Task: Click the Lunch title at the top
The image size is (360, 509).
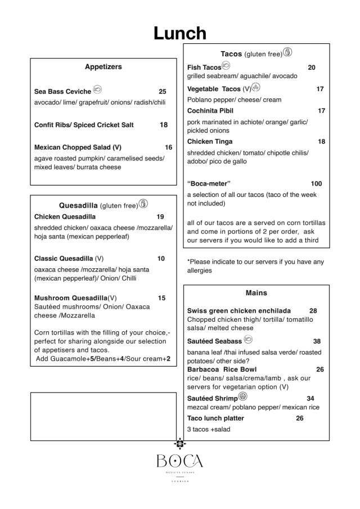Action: pos(180,33)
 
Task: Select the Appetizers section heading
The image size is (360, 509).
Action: pos(103,67)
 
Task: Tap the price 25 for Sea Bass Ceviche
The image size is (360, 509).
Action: pos(163,92)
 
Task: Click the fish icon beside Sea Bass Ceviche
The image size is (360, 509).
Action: pos(97,90)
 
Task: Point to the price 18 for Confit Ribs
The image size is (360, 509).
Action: pos(164,125)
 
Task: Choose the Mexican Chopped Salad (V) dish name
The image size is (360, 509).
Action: pos(78,147)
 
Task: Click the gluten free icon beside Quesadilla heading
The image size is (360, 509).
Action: pos(143,204)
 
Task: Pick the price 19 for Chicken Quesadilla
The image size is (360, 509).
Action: pos(160,217)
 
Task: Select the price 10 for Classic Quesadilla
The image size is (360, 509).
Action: pos(161,259)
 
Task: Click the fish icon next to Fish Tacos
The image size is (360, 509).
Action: pos(226,66)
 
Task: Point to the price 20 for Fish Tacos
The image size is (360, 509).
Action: pos(312,67)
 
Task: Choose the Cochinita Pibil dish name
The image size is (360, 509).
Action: pos(210,111)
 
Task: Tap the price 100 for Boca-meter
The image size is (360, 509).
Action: pos(316,184)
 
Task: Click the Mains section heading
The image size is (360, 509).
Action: pos(256,293)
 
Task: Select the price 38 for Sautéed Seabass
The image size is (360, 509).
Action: pos(317,341)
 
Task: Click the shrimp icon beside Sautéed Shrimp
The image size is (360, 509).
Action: pos(242,397)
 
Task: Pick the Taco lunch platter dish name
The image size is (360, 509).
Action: pos(215,418)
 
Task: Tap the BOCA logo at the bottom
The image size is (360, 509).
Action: pos(180,461)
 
